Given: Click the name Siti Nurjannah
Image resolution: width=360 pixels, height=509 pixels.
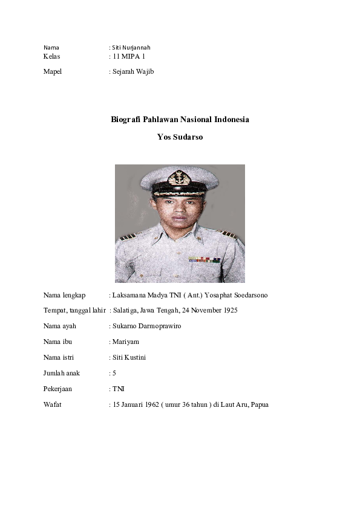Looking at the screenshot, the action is coord(131,47).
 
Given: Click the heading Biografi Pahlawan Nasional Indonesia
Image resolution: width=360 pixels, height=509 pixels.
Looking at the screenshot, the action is coord(180,120).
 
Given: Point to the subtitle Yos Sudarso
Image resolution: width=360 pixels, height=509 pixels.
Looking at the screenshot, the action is coord(180,137).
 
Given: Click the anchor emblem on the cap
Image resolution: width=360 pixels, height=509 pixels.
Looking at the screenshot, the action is coord(179,178).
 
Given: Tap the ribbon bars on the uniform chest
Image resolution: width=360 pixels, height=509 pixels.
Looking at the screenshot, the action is coord(203,259).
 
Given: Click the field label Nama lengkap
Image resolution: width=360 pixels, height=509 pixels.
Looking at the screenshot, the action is coord(64,295).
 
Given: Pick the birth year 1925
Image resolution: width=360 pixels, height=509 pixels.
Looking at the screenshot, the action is coord(229,311).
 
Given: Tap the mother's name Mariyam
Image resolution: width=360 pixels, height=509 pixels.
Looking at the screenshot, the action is coord(125,342).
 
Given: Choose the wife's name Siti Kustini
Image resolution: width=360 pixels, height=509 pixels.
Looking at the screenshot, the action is coord(129,358).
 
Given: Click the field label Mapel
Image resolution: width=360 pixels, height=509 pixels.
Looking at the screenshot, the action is coord(53,71).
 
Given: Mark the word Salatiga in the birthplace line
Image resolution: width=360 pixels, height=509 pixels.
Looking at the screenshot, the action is coord(125,311).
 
